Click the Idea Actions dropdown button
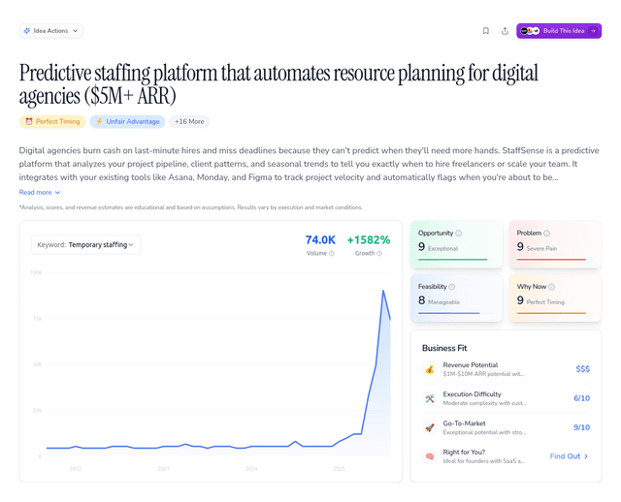[50, 31]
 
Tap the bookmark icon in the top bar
[485, 31]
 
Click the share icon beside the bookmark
[505, 31]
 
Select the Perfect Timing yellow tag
[52, 122]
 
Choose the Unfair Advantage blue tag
[127, 122]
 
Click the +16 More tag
[189, 122]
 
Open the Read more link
[40, 193]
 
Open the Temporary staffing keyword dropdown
[85, 244]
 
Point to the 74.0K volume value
[320, 240]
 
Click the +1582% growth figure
[368, 240]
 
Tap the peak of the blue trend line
[383, 291]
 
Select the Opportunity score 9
[422, 247]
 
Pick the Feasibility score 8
[422, 300]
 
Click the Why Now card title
[532, 287]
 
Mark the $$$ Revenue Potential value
[582, 369]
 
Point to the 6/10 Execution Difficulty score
[581, 398]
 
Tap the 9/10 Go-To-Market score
[581, 427]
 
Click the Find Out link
[569, 456]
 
